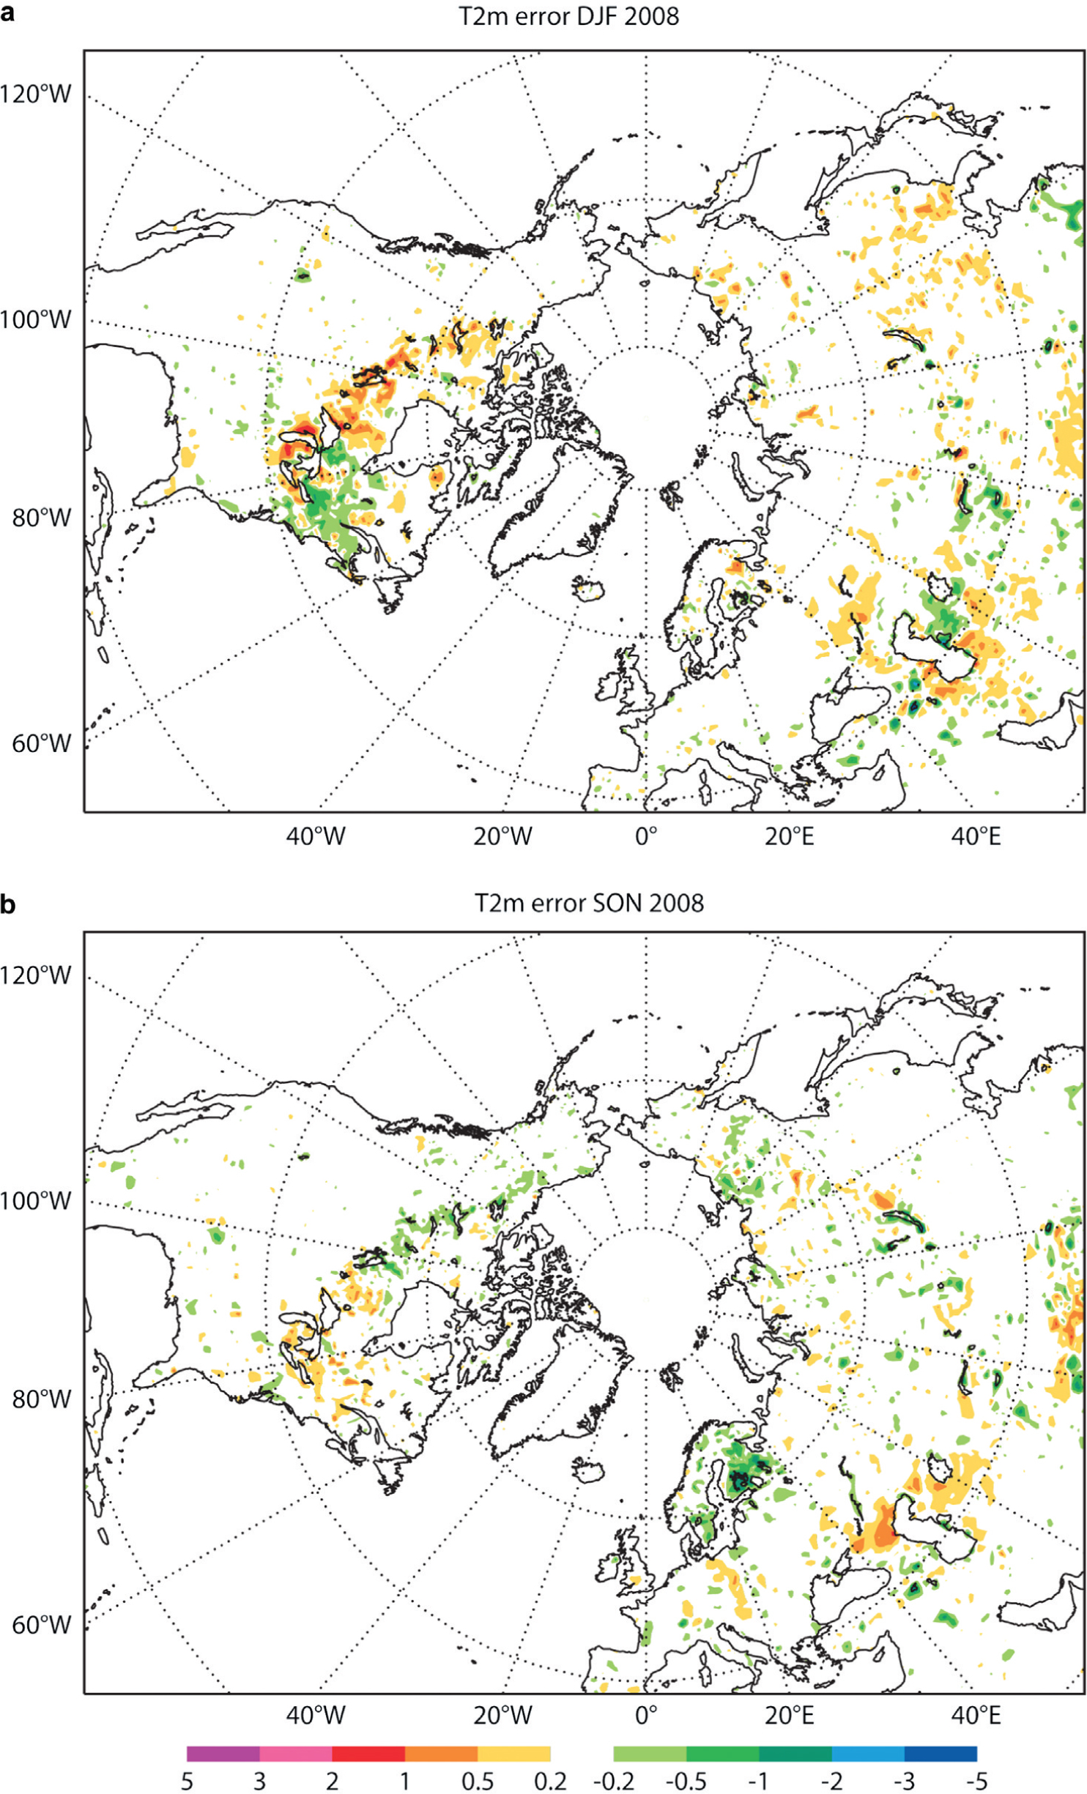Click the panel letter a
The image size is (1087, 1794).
tap(8, 12)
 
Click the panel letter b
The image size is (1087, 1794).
tap(8, 904)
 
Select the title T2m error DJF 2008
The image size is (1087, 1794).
tap(569, 16)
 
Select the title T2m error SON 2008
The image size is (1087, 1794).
tap(589, 903)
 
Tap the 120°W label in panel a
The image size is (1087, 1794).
tap(37, 94)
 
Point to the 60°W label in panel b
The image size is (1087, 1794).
tap(42, 1624)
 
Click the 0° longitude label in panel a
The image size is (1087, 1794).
tap(646, 835)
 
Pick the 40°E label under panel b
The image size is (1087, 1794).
tap(976, 1716)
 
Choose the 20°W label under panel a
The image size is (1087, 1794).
tap(502, 835)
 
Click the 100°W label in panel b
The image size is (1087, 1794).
tap(37, 1201)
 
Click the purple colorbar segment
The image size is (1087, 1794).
tap(223, 1754)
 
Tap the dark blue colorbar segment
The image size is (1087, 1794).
tap(941, 1754)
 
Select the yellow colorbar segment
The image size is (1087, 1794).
tap(514, 1754)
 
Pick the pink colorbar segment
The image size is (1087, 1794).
tap(296, 1754)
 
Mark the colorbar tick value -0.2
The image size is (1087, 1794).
tap(614, 1781)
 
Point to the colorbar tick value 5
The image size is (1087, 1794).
tap(188, 1781)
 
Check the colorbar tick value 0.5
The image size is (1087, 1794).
tap(478, 1781)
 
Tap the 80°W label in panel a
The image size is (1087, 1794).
tap(42, 518)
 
